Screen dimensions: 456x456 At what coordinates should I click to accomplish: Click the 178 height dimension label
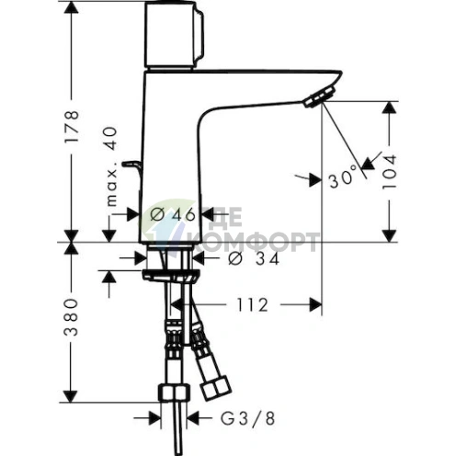coord(73,127)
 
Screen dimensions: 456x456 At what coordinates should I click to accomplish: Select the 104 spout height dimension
coord(390,172)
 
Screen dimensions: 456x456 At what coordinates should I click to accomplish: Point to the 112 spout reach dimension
coord(253,305)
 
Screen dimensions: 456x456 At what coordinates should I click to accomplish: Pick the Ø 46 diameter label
coord(173,214)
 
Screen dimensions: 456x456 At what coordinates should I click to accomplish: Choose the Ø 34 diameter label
coord(254,259)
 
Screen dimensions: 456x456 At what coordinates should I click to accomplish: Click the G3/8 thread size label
coord(247,418)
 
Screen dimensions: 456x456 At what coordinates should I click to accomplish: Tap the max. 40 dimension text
coord(111,166)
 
